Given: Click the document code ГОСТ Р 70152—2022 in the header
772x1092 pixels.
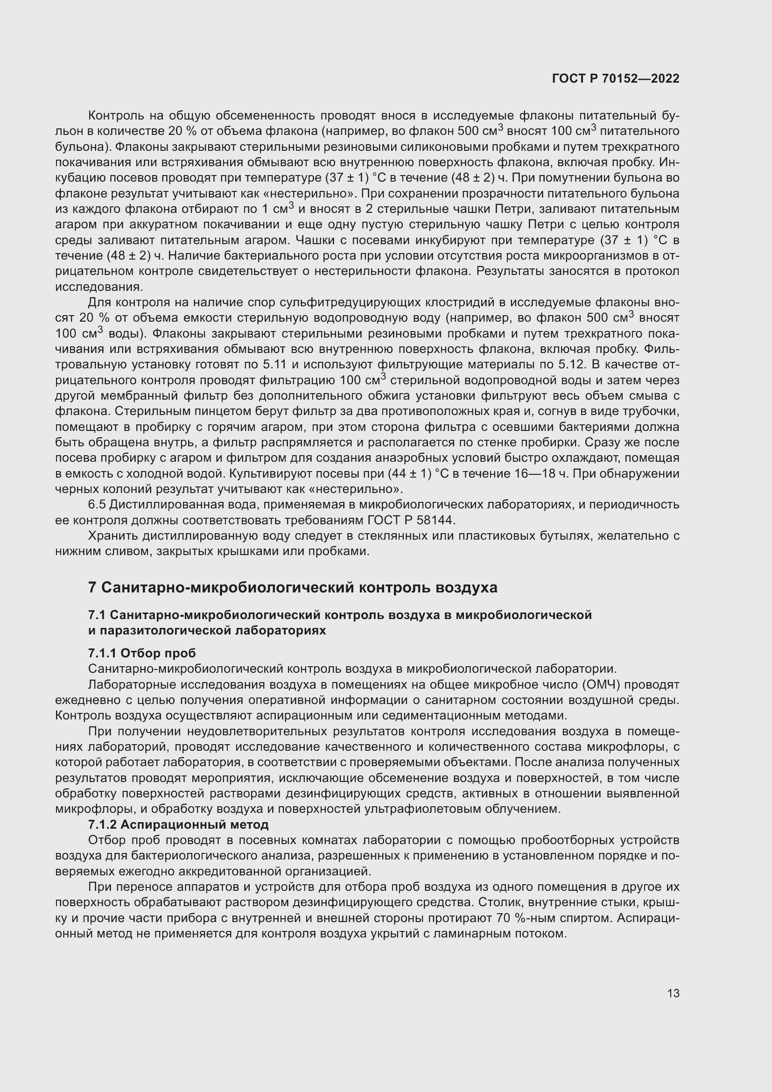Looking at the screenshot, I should click(616, 79).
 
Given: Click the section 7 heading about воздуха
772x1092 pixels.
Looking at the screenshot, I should click(293, 587).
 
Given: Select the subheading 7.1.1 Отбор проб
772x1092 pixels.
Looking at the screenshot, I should click(142, 653).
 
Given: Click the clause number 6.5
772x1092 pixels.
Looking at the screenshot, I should click(98, 504).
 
